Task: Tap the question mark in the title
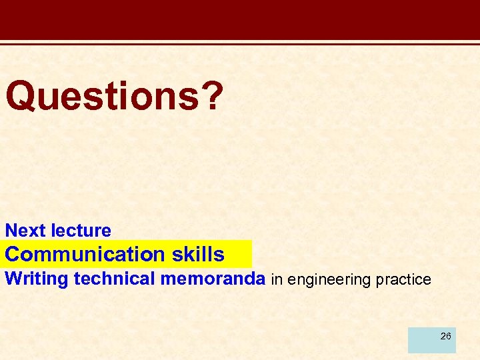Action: point(211,95)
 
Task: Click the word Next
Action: point(26,231)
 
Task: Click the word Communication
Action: point(84,254)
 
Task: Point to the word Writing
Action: point(37,279)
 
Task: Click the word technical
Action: point(114,279)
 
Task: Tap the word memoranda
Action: point(212,279)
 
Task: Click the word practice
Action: point(403,280)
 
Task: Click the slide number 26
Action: point(445,336)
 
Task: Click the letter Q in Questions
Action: point(19,95)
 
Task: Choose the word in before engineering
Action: point(277,280)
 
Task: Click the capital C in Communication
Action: point(13,254)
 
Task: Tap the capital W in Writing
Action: point(14,279)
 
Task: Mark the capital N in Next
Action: point(11,231)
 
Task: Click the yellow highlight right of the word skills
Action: point(239,254)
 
